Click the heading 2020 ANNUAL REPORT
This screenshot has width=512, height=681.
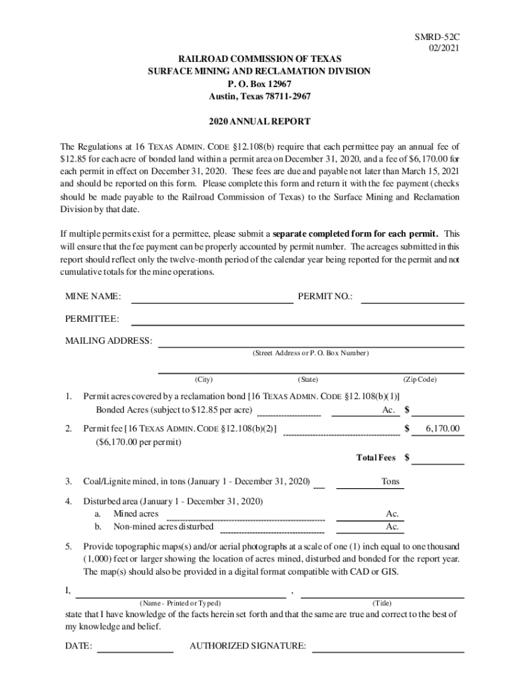tap(259, 122)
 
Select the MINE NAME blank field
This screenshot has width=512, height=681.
tap(212, 297)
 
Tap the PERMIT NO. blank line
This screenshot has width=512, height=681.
tap(412, 297)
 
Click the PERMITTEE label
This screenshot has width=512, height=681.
tap(92, 319)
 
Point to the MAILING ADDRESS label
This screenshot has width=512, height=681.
tap(108, 341)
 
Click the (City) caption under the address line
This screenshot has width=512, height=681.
tap(203, 380)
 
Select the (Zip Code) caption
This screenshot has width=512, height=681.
tap(420, 380)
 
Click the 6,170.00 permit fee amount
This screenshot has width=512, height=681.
tap(442, 429)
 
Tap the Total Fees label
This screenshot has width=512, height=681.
tap(376, 458)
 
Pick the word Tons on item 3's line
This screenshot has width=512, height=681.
tap(390, 481)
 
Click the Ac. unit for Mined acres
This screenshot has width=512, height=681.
tap(392, 513)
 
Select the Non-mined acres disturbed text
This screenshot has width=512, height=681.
tap(164, 527)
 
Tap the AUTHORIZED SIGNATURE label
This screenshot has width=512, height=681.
tap(247, 646)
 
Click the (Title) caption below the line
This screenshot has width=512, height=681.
tap(386, 603)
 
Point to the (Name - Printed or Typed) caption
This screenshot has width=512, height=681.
tap(180, 603)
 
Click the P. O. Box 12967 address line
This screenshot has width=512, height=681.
tap(259, 84)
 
